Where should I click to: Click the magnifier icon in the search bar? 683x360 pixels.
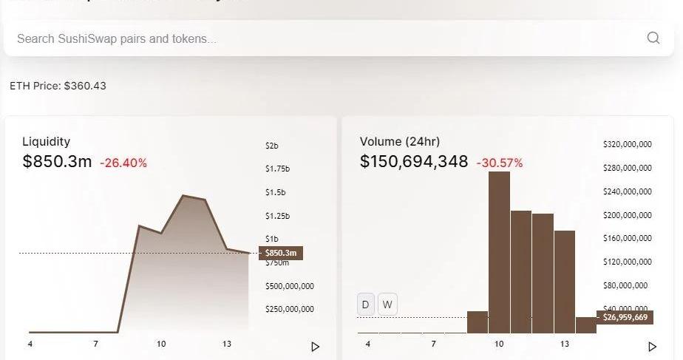pos(653,38)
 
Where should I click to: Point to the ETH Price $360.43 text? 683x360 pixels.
pos(58,86)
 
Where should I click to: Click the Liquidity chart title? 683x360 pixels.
pos(46,141)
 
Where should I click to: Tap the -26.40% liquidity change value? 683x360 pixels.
pos(123,163)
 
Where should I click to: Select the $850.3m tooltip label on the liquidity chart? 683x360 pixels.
pos(281,254)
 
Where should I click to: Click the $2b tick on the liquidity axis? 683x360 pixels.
pos(271,146)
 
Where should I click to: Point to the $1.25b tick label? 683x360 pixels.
pos(277,216)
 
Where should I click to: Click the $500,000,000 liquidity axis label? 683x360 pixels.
pos(290,286)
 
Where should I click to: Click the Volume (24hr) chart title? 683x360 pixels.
pos(399,141)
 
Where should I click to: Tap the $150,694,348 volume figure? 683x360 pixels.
pos(414,161)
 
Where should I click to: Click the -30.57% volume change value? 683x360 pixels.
pos(499,163)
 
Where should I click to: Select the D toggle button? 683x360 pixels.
pos(366,305)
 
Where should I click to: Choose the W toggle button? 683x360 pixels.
pos(387,305)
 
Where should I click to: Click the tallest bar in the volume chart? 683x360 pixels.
pos(499,251)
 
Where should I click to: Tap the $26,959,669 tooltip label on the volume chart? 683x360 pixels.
pos(625,318)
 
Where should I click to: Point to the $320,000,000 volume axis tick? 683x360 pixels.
pos(627,144)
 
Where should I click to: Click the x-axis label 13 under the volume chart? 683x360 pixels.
pos(565,344)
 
